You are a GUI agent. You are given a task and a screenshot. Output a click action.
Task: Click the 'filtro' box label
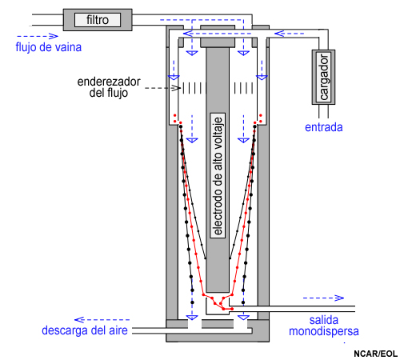click(x=98, y=20)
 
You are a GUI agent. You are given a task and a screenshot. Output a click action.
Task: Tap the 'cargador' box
click(x=323, y=77)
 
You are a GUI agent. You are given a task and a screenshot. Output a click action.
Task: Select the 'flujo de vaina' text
click(x=49, y=47)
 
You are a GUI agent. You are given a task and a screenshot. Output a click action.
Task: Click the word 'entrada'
click(x=323, y=127)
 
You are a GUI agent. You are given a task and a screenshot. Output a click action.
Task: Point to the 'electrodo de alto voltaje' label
click(x=218, y=176)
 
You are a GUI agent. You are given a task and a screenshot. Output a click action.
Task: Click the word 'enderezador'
click(x=109, y=82)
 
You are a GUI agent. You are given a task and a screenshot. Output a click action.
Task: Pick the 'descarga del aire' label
click(x=85, y=330)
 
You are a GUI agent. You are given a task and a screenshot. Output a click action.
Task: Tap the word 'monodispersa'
click(x=324, y=331)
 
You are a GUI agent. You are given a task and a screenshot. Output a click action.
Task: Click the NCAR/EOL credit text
click(x=375, y=354)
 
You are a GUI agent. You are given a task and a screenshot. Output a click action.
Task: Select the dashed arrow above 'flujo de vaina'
click(x=38, y=36)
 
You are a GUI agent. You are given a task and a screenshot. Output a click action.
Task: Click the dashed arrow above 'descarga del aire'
click(x=102, y=319)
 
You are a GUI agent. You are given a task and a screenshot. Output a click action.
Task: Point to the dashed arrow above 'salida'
click(x=323, y=298)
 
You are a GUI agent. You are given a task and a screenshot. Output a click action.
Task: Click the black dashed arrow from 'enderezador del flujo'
click(x=162, y=88)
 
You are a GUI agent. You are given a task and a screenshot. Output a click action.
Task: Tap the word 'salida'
click(x=324, y=320)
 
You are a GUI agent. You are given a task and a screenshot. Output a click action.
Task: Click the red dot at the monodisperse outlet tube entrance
click(x=232, y=309)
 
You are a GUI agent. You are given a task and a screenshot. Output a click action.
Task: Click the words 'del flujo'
click(x=109, y=93)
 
